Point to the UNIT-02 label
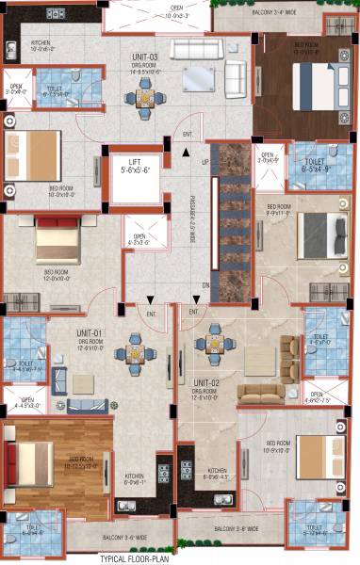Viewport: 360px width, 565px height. [x=207, y=382]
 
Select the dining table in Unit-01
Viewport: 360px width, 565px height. [x=129, y=355]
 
